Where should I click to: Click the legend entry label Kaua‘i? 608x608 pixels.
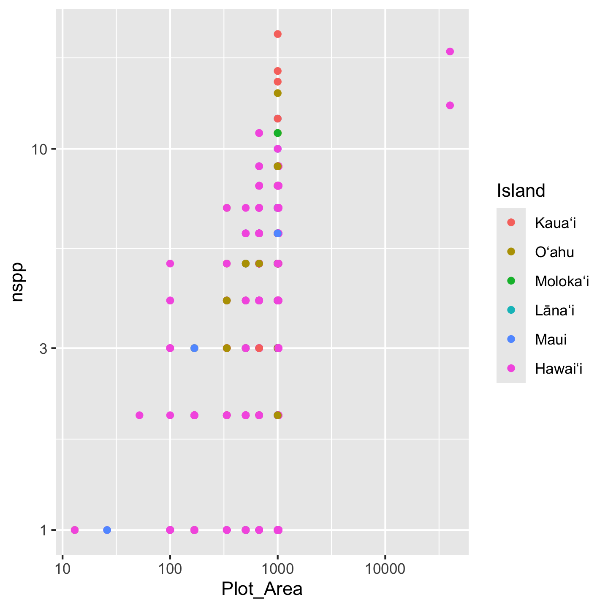click(x=555, y=223)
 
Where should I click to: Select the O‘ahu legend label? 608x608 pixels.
click(x=554, y=252)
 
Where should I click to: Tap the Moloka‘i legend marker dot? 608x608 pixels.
click(x=511, y=281)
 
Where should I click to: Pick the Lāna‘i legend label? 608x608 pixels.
click(x=554, y=310)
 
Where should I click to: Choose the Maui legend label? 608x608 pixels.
click(x=551, y=339)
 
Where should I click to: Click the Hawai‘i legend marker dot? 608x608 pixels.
click(x=511, y=368)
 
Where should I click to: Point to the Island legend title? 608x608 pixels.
click(x=521, y=191)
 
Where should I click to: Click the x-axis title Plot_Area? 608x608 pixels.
click(x=262, y=589)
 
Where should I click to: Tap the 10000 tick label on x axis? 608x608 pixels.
click(x=385, y=569)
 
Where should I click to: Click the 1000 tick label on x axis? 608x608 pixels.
click(x=277, y=569)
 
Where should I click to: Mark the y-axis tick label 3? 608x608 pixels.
click(x=43, y=348)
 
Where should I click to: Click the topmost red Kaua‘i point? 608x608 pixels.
click(x=277, y=34)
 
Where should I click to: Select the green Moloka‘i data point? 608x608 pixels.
click(x=277, y=133)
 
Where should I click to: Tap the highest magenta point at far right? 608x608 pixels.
click(x=450, y=52)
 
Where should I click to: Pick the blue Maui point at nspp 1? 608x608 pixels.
click(x=107, y=530)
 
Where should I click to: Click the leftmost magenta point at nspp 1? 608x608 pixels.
click(x=75, y=530)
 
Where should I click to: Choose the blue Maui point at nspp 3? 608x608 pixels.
click(x=194, y=348)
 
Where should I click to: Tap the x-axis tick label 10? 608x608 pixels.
click(x=62, y=569)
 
